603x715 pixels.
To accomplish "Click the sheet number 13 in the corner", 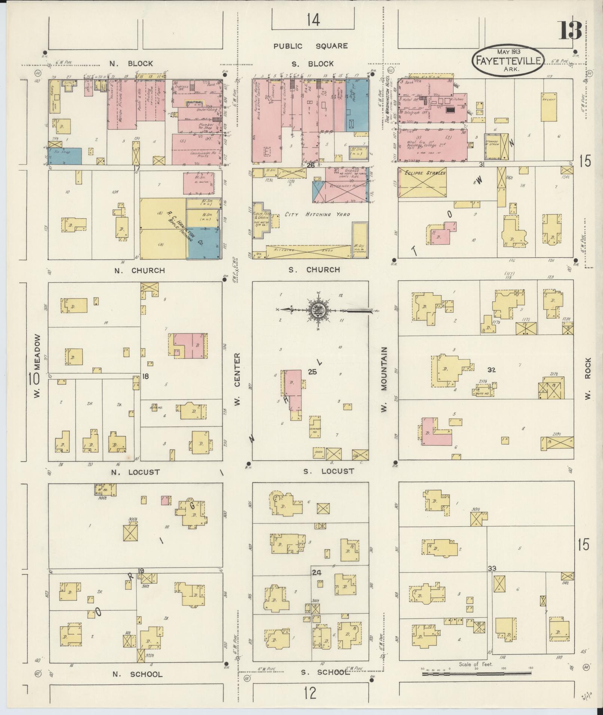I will click(570, 31).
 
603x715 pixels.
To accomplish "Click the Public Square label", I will click(310, 46).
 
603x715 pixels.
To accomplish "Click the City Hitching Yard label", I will click(317, 214).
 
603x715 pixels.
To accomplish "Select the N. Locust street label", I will click(136, 472).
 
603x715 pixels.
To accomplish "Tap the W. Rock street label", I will click(588, 378).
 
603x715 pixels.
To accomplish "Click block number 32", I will click(491, 370).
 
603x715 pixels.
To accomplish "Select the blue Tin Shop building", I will click(65, 156).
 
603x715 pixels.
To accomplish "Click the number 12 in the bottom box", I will click(310, 693).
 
